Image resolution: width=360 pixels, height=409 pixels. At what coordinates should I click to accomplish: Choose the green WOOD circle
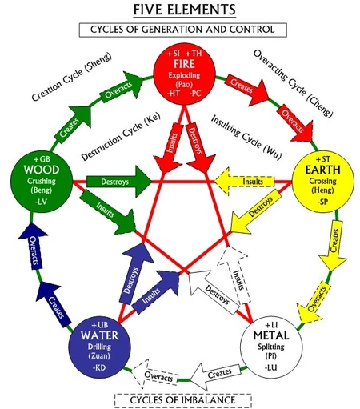click(x=39, y=180)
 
